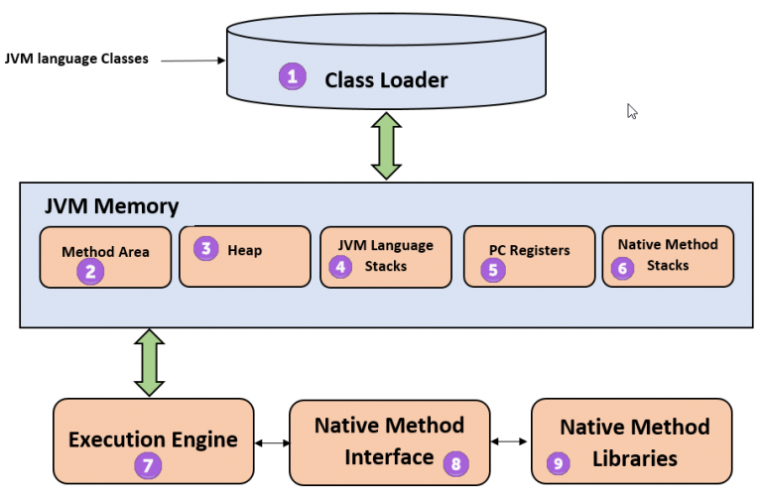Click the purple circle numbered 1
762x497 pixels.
click(291, 76)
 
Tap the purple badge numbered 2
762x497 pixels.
click(90, 271)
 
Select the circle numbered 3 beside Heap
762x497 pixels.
click(205, 248)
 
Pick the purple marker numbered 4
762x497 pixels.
click(340, 266)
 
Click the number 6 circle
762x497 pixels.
click(622, 267)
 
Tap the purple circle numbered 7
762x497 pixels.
click(147, 463)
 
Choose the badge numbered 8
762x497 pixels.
click(455, 462)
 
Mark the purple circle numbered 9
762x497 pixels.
click(559, 462)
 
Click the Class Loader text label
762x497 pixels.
click(386, 79)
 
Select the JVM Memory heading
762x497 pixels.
click(111, 206)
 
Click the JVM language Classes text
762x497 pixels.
click(77, 59)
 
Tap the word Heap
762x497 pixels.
click(244, 250)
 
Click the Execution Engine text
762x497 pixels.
click(152, 438)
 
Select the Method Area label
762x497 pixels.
click(105, 251)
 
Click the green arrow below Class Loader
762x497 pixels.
click(386, 146)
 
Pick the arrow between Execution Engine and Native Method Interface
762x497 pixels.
click(271, 442)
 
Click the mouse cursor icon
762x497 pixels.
click(632, 111)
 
